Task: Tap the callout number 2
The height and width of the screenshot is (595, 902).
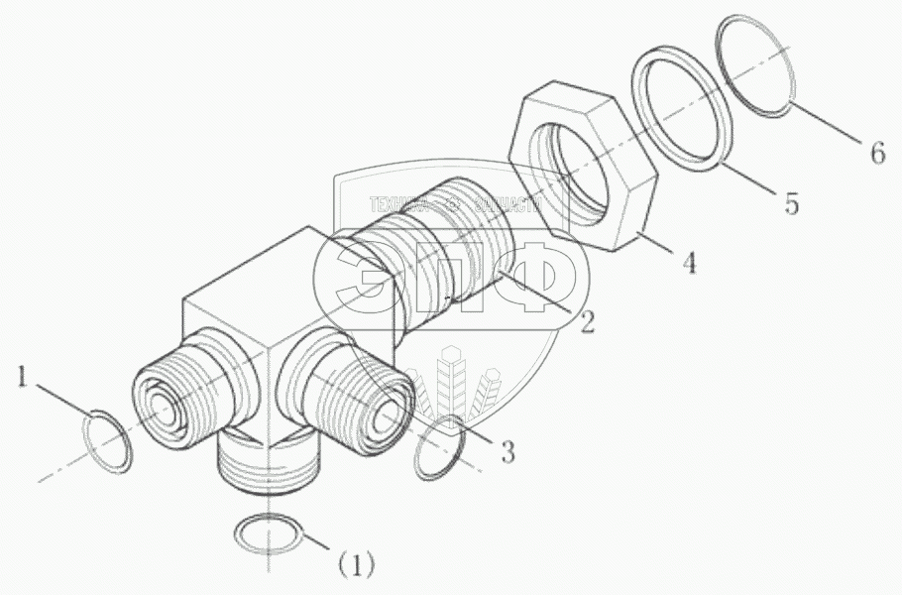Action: point(587,322)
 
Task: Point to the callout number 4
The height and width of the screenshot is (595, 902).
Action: point(688,265)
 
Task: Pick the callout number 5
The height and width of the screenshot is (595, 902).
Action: point(790,203)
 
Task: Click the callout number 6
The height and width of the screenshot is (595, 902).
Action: point(875,154)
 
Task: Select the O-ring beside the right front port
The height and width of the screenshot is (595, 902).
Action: point(438,448)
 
